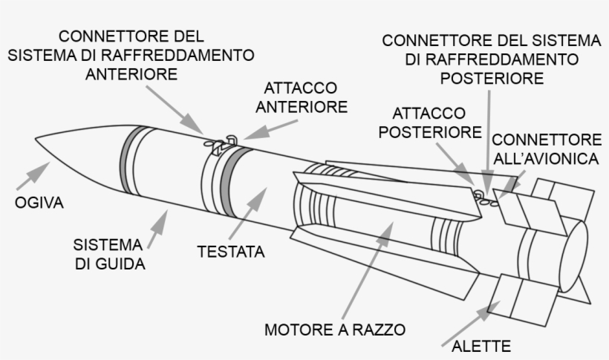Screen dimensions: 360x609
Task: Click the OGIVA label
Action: (x=37, y=202)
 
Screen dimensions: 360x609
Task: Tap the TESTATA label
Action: (x=231, y=252)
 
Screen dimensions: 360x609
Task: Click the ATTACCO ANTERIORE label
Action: (x=301, y=98)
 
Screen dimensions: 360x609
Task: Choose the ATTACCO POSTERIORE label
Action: (x=429, y=122)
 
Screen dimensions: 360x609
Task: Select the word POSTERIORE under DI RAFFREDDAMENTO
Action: (x=492, y=77)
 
